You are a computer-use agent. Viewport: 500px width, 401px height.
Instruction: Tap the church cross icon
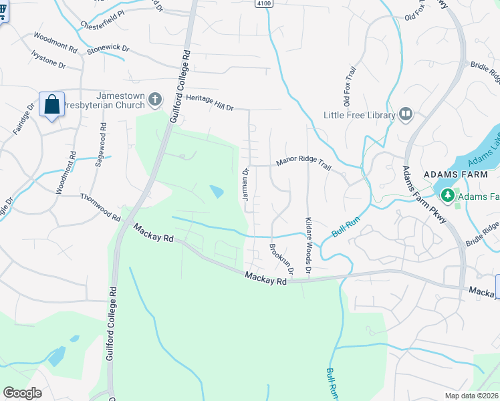point(155,100)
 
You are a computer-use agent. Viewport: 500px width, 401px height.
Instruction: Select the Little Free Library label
point(359,115)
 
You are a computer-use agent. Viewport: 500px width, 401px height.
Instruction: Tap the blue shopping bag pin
point(51,105)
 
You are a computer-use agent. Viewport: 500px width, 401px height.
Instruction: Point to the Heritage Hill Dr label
point(210,102)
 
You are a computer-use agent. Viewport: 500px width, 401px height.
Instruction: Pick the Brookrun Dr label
point(281,259)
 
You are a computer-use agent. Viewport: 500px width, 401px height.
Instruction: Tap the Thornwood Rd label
point(100,207)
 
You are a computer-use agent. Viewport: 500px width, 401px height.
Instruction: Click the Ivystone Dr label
point(49,61)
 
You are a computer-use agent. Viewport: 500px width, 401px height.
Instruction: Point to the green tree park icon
point(447,195)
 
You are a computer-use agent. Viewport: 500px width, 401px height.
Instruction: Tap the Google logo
point(22,392)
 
